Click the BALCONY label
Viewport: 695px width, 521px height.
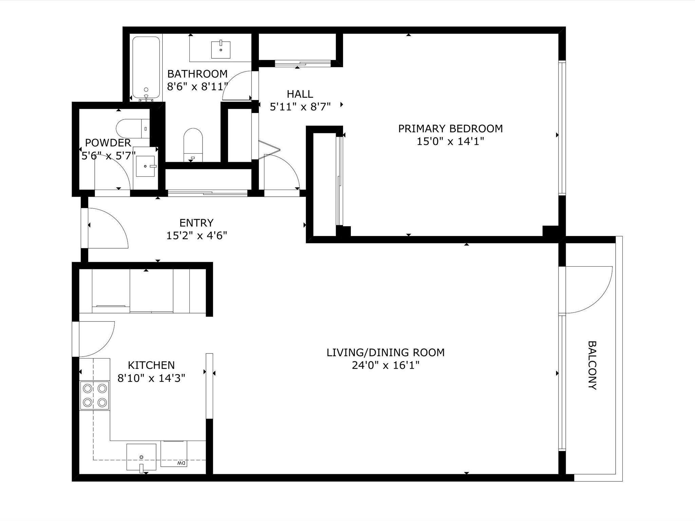[x=592, y=365]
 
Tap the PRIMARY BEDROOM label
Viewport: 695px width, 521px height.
[x=450, y=129]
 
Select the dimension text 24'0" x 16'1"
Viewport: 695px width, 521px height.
[x=386, y=366]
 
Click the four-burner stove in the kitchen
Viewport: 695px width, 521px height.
[x=94, y=395]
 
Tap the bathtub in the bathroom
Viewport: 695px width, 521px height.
[x=146, y=67]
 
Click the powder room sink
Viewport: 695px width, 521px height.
[x=146, y=166]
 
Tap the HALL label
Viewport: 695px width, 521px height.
[x=300, y=94]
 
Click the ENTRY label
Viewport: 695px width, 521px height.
[x=196, y=223]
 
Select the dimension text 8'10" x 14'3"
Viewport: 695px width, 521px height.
[x=151, y=378]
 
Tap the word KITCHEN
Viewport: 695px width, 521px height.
[x=151, y=365]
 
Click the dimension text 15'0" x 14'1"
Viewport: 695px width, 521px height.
[x=450, y=141]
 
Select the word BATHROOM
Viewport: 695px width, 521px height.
[x=198, y=74]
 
